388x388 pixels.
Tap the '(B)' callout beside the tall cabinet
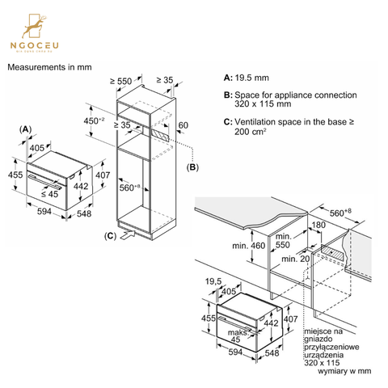pos(192,167)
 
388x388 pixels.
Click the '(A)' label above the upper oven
pos(26,129)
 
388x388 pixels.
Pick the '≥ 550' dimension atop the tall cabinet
pos(121,82)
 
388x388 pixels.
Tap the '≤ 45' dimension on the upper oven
pos(48,194)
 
